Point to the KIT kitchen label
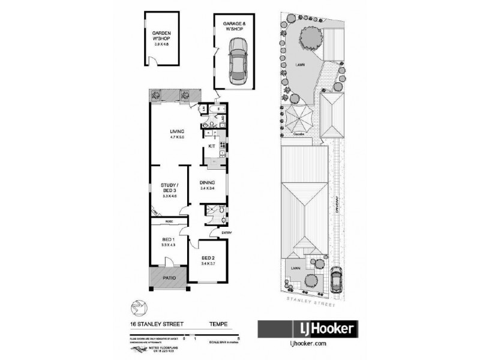click(x=211, y=146)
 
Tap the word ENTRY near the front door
click(x=228, y=232)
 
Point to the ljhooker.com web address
click(x=308, y=344)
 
